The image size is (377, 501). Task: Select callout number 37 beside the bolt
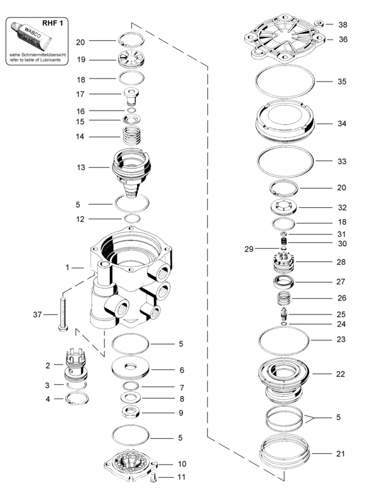pyautogui.click(x=39, y=314)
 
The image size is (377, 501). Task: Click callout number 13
pyautogui.click(x=80, y=168)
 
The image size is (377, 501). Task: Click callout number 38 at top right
pyautogui.click(x=342, y=25)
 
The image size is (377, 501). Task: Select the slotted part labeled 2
pyautogui.click(x=74, y=364)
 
